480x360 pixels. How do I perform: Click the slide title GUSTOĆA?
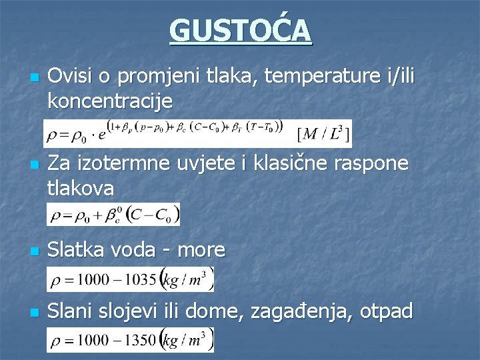tap(240, 31)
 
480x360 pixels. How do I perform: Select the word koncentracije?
tap(110, 102)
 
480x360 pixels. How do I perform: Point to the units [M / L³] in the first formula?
tap(323, 135)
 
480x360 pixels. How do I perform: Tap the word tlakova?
tap(81, 188)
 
